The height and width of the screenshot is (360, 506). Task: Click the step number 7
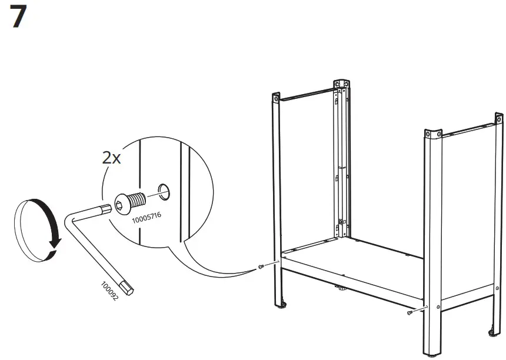tap(19, 18)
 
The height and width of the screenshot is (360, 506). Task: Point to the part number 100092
tap(110, 291)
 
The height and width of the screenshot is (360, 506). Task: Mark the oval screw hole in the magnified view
tap(164, 191)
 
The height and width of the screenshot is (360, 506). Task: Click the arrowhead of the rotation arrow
tap(54, 251)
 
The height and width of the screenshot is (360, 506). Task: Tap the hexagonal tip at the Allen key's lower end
tap(132, 290)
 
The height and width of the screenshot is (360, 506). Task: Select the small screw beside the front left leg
tap(260, 268)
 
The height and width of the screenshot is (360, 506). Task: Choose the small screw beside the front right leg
tap(410, 314)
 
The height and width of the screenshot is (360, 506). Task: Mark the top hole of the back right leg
tap(500, 117)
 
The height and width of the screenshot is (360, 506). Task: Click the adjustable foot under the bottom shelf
tap(339, 289)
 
